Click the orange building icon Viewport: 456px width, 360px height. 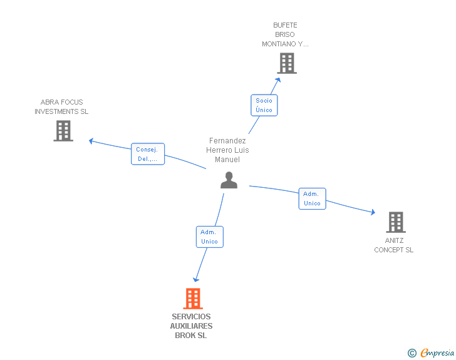coord(193,299)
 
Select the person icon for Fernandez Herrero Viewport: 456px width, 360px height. coord(229,180)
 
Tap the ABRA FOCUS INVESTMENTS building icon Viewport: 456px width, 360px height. coord(63,131)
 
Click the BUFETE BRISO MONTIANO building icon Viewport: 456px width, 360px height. coord(286,63)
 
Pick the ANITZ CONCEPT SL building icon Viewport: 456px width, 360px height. coord(395,222)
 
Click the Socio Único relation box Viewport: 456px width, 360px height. coord(264,105)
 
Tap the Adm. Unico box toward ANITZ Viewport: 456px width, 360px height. coord(312,198)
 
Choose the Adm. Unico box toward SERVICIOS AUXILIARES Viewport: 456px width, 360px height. coord(209,237)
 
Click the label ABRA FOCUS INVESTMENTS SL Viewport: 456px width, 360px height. coord(61,106)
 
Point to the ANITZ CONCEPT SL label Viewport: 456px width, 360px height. coord(394,245)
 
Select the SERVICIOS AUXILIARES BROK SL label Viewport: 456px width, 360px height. coord(191,326)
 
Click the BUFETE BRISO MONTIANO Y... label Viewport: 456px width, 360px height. coord(285,35)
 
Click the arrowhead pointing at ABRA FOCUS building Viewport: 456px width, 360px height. coord(91,141)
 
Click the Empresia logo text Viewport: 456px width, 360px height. coord(437,353)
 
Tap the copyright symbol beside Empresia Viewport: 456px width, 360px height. coord(412,353)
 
